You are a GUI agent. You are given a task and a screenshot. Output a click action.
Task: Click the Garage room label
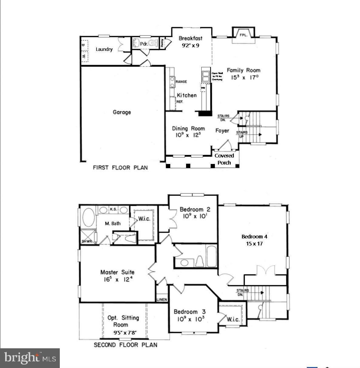click(122, 112)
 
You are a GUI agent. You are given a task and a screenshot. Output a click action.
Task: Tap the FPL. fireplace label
click(244, 35)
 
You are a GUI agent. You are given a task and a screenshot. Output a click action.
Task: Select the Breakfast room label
click(190, 38)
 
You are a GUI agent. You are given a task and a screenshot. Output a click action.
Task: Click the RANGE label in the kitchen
click(181, 82)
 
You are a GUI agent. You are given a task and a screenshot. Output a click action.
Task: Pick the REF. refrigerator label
click(180, 102)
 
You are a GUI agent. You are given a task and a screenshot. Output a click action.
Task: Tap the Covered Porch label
click(224, 159)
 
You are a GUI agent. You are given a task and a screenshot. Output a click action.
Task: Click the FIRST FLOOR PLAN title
click(120, 168)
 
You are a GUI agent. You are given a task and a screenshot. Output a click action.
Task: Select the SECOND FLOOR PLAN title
click(125, 345)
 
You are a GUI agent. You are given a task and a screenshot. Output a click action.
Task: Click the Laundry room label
click(104, 49)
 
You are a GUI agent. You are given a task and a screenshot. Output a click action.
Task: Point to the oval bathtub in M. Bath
click(88, 217)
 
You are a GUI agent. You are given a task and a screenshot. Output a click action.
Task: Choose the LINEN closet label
click(162, 299)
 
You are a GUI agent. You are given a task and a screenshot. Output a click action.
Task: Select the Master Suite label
click(117, 272)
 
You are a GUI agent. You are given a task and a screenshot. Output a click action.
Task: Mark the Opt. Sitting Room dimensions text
click(125, 333)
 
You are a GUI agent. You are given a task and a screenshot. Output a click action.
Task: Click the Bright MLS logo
click(30, 358)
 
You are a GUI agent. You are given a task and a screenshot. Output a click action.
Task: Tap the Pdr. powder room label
click(144, 44)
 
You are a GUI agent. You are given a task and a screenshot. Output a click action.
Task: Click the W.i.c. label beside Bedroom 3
click(233, 319)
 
